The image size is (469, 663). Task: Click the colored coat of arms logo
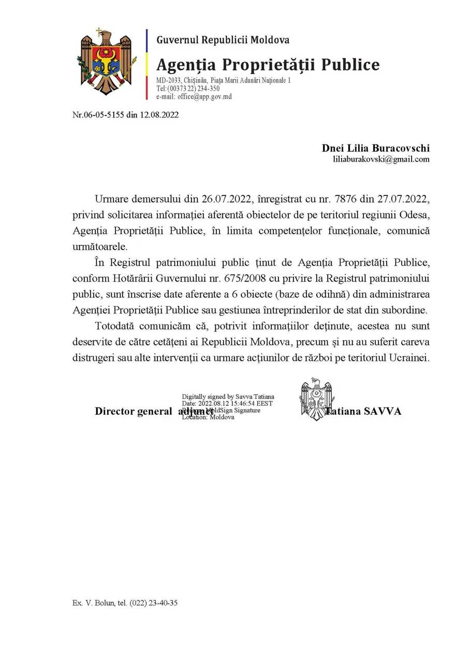pyautogui.click(x=107, y=62)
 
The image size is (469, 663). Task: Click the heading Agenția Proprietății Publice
pyautogui.click(x=268, y=65)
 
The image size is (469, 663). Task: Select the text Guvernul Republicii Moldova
pyautogui.click(x=223, y=40)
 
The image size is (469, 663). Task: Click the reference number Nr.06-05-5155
pyautogui.click(x=98, y=115)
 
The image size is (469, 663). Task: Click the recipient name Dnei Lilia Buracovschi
pyautogui.click(x=375, y=149)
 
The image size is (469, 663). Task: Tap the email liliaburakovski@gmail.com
pyautogui.click(x=381, y=160)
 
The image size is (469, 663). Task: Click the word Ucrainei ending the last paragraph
pyautogui.click(x=409, y=358)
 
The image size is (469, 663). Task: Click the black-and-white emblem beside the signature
pyautogui.click(x=315, y=399)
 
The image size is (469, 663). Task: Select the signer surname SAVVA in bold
pyautogui.click(x=382, y=412)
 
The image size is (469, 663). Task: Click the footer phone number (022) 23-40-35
pyautogui.click(x=154, y=603)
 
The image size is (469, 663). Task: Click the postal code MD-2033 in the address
pyautogui.click(x=168, y=81)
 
